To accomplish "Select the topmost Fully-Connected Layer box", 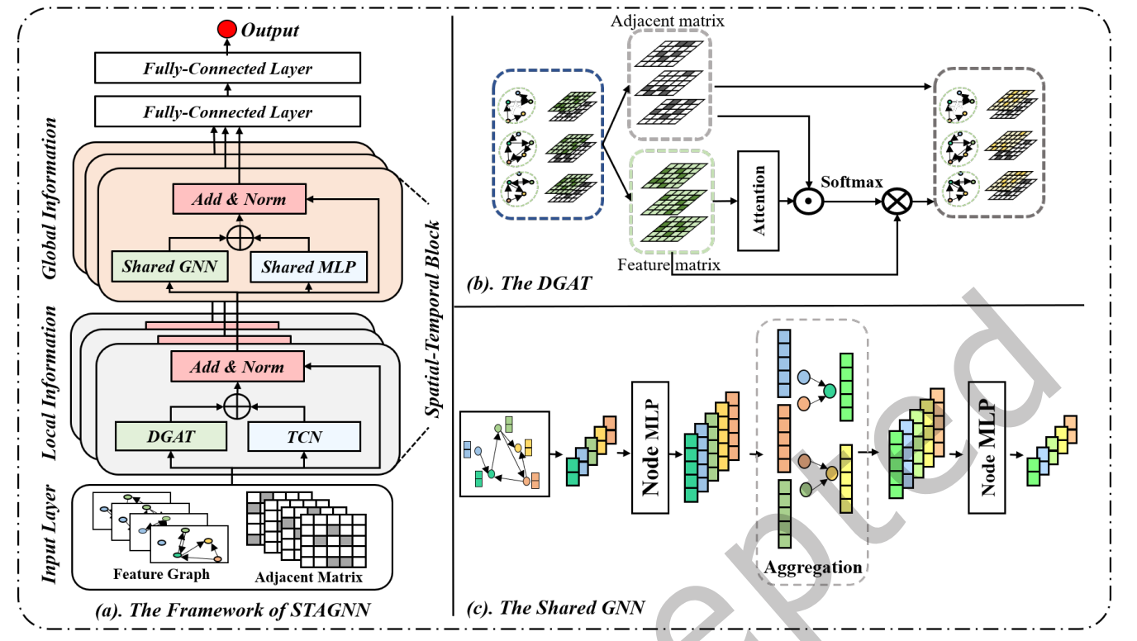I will coord(228,69).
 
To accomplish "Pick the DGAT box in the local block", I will coord(170,435).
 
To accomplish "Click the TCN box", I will coord(305,435).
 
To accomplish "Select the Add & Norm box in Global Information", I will coord(239,199).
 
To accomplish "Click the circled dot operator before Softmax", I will coord(811,201).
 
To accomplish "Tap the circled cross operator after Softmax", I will coord(897,201).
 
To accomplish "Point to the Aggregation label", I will coord(813,567).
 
